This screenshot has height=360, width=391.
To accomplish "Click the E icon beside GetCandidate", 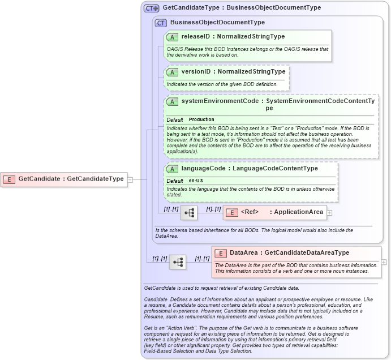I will coord(9,179).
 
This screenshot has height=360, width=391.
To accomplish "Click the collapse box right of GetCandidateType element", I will coord(130,179).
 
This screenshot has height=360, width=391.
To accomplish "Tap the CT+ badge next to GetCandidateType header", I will coord(152,8).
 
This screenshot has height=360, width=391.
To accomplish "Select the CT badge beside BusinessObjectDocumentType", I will coord(161,23).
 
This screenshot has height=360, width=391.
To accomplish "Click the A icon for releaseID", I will coord(172,36).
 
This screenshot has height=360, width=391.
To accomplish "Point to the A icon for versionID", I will coord(172,72).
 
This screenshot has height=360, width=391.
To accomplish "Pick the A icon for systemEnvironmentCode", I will coord(172,101).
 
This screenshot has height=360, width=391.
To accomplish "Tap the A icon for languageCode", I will coord(172,169).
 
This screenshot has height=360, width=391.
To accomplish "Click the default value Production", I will coord(201,119).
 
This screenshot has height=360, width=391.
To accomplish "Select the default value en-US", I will coord(196,181).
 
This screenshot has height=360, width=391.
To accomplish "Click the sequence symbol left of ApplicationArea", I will coord(189,212).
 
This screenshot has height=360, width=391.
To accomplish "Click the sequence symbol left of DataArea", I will coord(178,262).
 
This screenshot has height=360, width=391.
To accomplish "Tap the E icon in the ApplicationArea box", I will coord(231,212).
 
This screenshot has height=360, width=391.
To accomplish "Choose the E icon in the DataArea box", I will coord(220,253).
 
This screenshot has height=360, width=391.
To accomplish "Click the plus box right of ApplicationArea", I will coord(330,213).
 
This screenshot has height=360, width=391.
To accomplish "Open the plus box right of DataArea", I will coord(384,262).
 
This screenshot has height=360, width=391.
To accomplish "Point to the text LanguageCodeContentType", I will coord(275,168).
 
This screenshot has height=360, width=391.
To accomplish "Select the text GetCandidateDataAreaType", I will coord(307,252).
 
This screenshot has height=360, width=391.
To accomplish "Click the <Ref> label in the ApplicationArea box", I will coord(250,212).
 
